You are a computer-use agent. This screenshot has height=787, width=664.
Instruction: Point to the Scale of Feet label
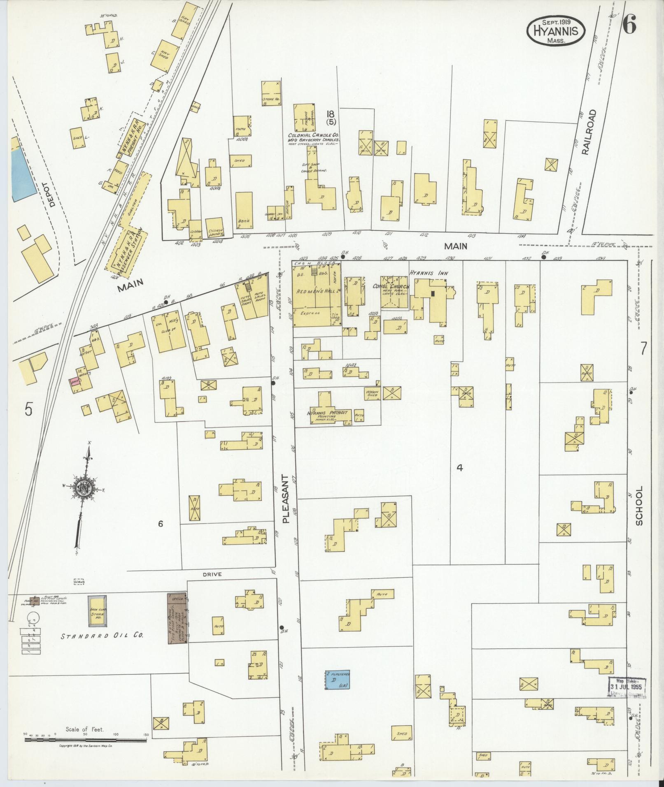(x=84, y=730)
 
